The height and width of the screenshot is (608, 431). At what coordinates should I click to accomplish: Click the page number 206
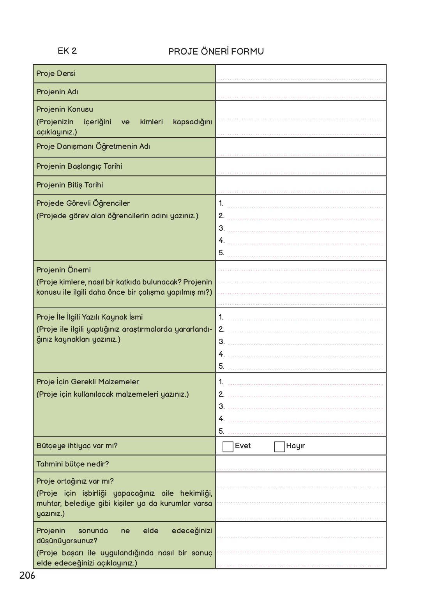27,576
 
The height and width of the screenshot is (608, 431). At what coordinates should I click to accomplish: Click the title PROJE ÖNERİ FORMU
216,51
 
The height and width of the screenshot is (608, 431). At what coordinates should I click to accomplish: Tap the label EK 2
67,51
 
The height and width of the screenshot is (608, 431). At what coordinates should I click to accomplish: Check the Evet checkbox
228,446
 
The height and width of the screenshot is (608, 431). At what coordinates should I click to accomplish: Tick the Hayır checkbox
279,446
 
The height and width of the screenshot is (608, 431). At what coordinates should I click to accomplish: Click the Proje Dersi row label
56,74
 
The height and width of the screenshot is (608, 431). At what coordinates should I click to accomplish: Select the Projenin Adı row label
57,92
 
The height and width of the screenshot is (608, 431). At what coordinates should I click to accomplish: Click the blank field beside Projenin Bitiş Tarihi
300,185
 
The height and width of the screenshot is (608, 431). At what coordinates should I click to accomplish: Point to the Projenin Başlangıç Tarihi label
79,166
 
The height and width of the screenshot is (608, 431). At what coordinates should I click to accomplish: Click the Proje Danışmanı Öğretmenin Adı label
93,147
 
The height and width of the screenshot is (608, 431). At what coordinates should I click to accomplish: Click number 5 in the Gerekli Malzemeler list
221,431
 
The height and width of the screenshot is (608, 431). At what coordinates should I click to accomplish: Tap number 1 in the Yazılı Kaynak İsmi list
221,317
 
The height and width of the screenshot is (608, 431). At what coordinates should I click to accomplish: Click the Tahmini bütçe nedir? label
72,464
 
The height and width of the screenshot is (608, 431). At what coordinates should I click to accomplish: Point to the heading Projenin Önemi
64,270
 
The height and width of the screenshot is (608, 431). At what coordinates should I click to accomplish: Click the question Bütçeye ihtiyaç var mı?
77,446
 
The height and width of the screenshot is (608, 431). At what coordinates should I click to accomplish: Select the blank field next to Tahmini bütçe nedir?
300,464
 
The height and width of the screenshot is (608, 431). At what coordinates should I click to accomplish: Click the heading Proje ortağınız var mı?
75,481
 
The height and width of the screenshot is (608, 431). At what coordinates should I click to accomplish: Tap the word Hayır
295,446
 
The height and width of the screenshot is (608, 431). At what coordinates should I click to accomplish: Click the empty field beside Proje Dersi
300,74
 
